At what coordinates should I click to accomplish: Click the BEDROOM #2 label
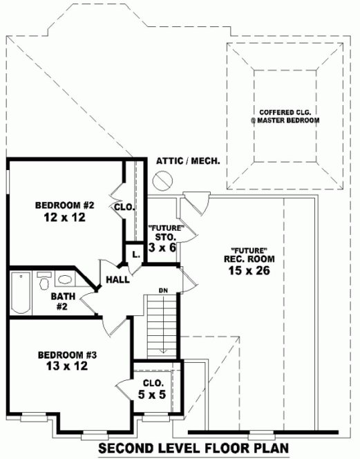(x=64, y=205)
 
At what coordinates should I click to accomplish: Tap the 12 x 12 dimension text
(x=64, y=218)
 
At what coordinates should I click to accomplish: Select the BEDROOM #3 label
(x=67, y=355)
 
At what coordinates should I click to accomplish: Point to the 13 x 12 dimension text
(x=67, y=366)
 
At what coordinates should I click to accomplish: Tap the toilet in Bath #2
(x=44, y=282)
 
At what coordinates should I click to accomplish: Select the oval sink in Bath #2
(x=66, y=281)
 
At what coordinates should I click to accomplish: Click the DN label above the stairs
(x=163, y=290)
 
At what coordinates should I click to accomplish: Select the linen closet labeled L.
(x=136, y=254)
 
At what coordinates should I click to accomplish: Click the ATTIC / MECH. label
(x=188, y=160)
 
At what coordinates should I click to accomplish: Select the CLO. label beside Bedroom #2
(x=124, y=206)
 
